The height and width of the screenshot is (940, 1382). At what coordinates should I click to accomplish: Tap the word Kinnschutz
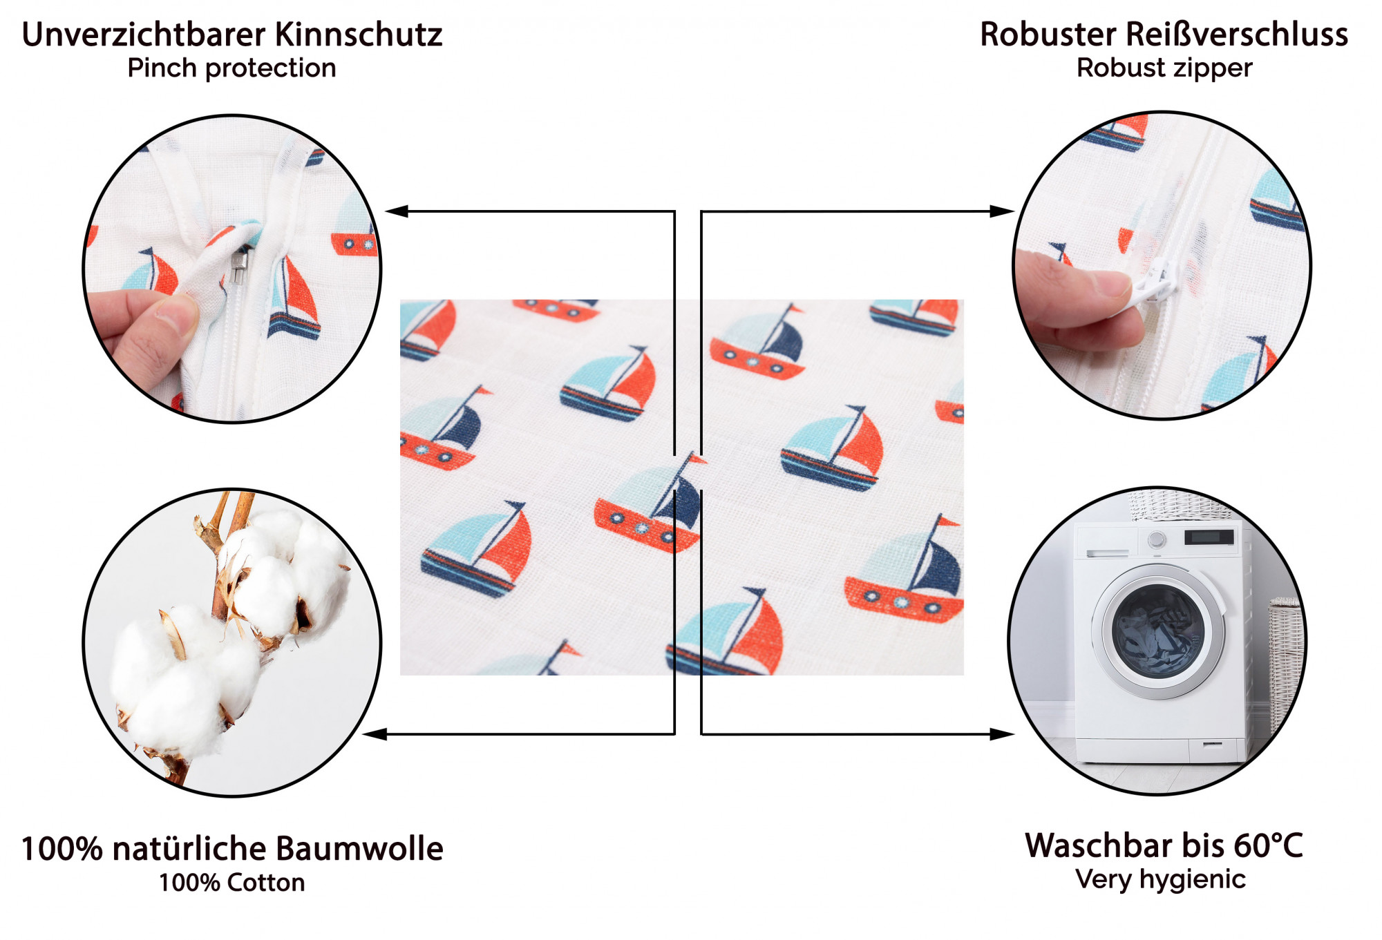pyautogui.click(x=359, y=35)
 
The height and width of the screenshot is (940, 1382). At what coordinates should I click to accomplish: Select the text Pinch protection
pyautogui.click(x=232, y=68)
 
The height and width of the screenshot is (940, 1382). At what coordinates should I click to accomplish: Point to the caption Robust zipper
pyautogui.click(x=1164, y=68)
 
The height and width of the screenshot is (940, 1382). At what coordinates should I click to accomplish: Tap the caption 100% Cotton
pyautogui.click(x=232, y=883)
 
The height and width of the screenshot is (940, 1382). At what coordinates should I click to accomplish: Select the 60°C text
pyautogui.click(x=1268, y=845)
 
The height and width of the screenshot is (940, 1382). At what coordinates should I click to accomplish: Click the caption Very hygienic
pyautogui.click(x=1161, y=879)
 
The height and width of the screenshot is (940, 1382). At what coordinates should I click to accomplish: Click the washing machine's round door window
pyautogui.click(x=1158, y=632)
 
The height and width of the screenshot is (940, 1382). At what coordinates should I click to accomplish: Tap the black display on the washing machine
pyautogui.click(x=1209, y=537)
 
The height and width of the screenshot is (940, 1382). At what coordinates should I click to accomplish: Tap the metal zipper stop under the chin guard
pyautogui.click(x=239, y=265)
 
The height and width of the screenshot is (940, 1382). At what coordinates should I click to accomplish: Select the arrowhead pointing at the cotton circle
pyautogui.click(x=375, y=734)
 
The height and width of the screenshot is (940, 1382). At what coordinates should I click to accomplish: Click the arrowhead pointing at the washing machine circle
pyautogui.click(x=1002, y=734)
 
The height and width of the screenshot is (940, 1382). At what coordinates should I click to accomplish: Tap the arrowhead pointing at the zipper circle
pyautogui.click(x=1002, y=211)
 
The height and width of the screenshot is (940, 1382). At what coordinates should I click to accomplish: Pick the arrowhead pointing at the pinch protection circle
pyautogui.click(x=397, y=211)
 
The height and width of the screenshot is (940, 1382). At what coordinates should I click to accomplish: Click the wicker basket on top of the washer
pyautogui.click(x=1180, y=506)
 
